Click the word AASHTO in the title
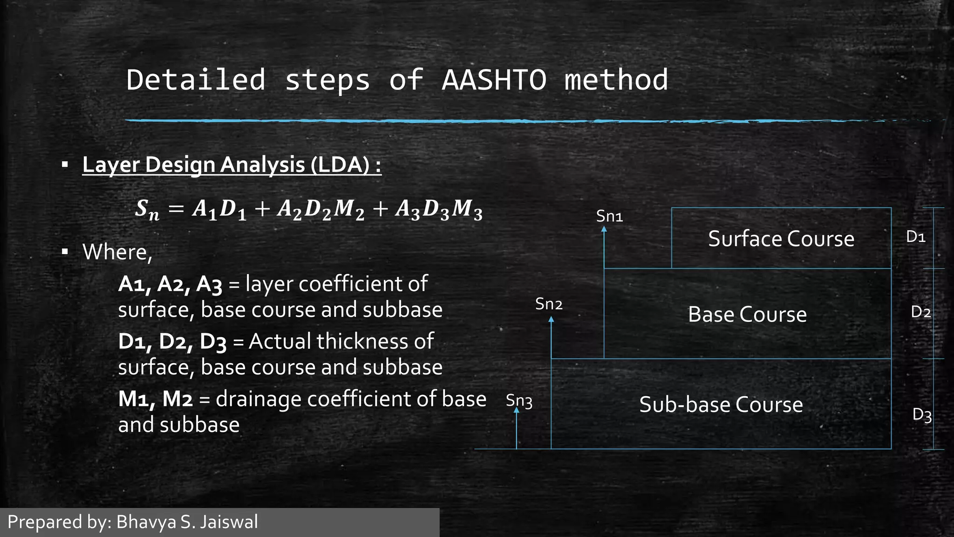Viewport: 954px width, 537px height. [x=494, y=80]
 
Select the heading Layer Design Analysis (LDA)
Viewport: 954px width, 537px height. [x=232, y=165]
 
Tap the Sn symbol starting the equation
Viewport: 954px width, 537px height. [x=147, y=209]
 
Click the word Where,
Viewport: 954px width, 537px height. [x=117, y=252]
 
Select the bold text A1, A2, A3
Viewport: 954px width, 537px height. [x=170, y=284]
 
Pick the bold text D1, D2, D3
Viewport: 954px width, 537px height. [x=172, y=342]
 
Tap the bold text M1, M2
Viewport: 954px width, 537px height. [x=155, y=399]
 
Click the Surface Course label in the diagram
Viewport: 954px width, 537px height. [x=781, y=239]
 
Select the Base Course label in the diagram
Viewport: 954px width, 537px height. [x=747, y=315]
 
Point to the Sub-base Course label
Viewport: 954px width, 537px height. [x=721, y=405]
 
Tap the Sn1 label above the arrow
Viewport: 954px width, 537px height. [x=609, y=216]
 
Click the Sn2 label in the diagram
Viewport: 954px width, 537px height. [x=549, y=304]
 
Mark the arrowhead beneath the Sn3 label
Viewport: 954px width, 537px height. [x=516, y=411]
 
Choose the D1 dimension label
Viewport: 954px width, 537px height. [x=915, y=237]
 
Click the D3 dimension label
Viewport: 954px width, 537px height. [x=921, y=414]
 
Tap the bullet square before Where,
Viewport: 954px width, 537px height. [x=65, y=252]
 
